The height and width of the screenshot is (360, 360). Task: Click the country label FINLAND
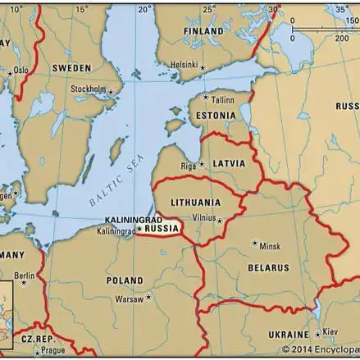pyautogui.click(x=203, y=31)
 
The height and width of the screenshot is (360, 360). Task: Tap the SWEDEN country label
pyautogui.click(x=71, y=68)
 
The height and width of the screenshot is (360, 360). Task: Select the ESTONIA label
pyautogui.click(x=216, y=116)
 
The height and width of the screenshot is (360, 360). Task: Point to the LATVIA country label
pyautogui.click(x=229, y=164)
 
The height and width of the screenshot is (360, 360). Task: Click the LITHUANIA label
pyautogui.click(x=195, y=202)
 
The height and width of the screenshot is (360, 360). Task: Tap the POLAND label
pyautogui.click(x=125, y=280)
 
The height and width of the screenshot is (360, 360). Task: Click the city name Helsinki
pyautogui.click(x=185, y=65)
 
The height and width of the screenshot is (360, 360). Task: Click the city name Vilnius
pyautogui.click(x=203, y=219)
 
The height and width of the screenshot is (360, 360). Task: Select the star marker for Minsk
pyautogui.click(x=255, y=243)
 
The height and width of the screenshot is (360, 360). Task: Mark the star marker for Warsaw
pyautogui.click(x=148, y=297)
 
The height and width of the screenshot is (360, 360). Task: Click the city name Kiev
pyautogui.click(x=330, y=332)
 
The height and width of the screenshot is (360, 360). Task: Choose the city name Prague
pyautogui.click(x=52, y=351)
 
